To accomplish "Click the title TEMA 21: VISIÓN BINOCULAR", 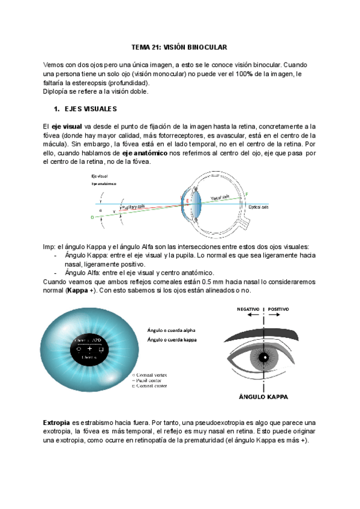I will tap(179, 47).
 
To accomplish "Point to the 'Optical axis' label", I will tap(259, 207).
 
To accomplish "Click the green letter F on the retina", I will tap(246, 194).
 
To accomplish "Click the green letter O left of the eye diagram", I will tap(92, 218).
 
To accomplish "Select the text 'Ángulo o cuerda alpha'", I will tap(171, 330).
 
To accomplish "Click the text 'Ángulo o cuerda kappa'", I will tap(171, 340).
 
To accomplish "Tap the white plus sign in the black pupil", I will tap(90, 349).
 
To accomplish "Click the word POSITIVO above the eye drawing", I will tap(278, 309).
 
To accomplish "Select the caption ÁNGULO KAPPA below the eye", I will tap(262, 397).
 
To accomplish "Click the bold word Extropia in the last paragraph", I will tap(57, 422).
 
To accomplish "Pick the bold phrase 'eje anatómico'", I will tap(143, 153).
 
